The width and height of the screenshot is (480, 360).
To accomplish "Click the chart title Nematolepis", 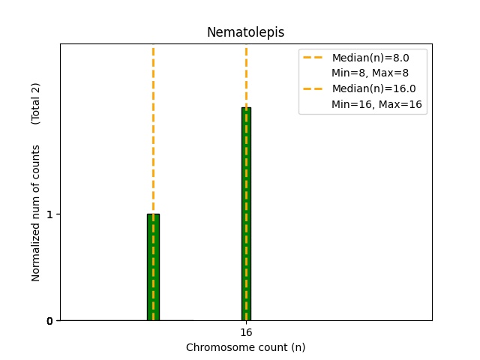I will pos(245,32).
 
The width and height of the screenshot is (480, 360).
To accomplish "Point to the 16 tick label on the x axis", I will pos(246,332).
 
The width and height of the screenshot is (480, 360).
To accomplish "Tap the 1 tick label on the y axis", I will pos(49,214).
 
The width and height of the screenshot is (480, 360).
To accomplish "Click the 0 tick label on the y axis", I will pos(49,321).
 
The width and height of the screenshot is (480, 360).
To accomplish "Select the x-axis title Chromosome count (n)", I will pos(245,347).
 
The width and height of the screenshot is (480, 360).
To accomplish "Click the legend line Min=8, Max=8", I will pos(370,73).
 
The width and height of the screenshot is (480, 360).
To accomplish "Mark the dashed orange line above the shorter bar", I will pos(153,127).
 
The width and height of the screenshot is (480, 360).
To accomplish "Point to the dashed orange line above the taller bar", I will pos(246,75).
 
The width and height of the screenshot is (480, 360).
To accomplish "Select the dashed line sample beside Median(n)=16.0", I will pos(314,88).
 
